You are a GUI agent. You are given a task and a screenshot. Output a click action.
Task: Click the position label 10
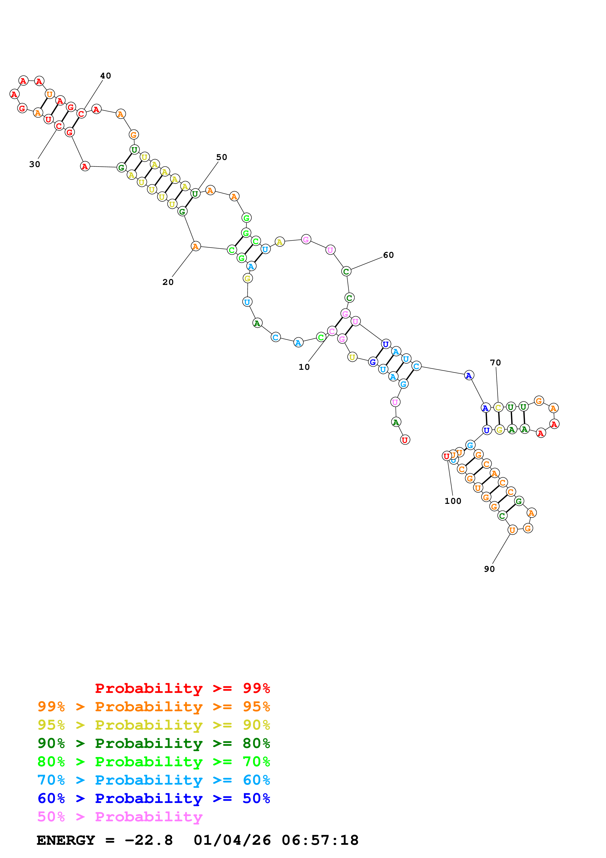point(304,367)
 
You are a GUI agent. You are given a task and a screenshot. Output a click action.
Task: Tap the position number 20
point(168,282)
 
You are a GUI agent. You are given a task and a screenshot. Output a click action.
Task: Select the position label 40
point(106,76)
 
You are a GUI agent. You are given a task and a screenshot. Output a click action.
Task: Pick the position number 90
point(489,569)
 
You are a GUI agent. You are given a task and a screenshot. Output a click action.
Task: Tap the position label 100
point(452,501)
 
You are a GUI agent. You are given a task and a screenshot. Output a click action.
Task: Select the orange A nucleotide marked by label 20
point(195,246)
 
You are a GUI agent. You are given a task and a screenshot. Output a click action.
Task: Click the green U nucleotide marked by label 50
point(195,193)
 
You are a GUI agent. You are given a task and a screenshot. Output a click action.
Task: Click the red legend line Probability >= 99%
point(182,688)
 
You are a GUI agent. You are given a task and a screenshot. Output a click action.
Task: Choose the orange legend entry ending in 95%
point(154,706)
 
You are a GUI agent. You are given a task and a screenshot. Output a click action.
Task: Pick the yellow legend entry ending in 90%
point(154,725)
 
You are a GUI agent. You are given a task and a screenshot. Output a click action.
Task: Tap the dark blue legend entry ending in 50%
point(154,798)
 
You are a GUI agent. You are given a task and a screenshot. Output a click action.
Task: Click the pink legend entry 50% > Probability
point(120,816)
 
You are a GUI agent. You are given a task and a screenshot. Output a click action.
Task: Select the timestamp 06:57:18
point(320,840)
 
